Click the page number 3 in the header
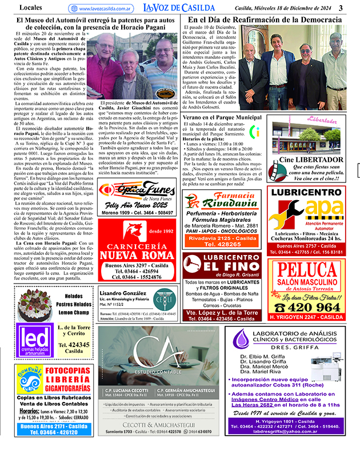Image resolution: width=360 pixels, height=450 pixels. [341, 7]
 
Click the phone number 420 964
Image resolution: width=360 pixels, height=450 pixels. [313, 306]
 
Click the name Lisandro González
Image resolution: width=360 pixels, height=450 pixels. [123, 293]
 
